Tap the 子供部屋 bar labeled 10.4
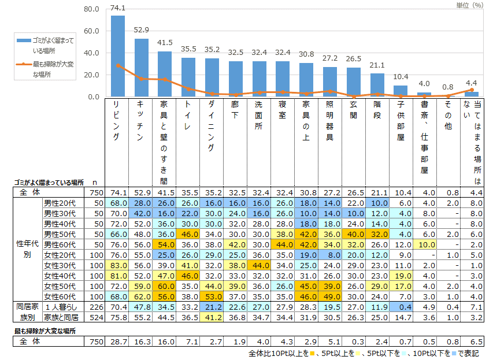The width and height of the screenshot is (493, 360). (x=401, y=91)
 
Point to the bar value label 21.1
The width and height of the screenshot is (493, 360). (x=377, y=65)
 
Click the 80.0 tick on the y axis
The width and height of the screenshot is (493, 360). (x=92, y=9)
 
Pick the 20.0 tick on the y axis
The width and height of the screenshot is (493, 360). (x=92, y=75)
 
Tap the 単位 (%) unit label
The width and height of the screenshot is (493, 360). (x=469, y=4)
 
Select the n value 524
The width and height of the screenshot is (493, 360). (x=94, y=317)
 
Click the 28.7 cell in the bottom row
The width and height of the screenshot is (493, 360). (x=118, y=342)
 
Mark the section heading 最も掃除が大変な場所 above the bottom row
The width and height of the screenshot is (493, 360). (x=45, y=331)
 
